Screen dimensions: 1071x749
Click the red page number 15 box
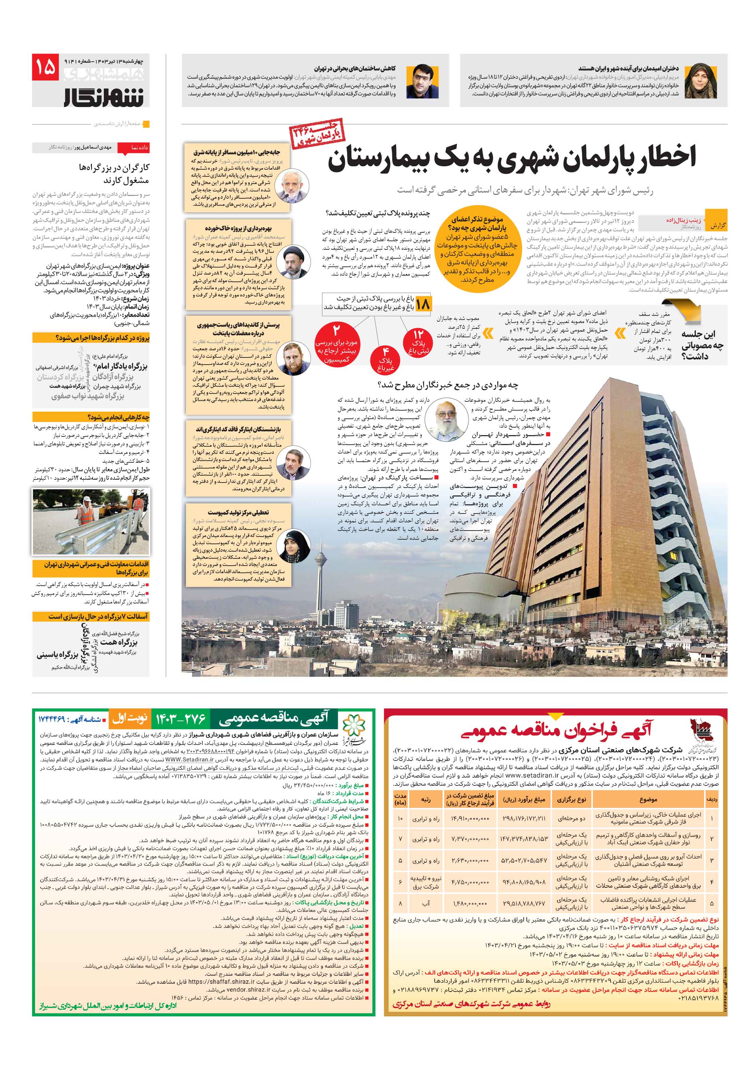click(45, 67)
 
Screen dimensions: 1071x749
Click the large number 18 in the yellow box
click(423, 304)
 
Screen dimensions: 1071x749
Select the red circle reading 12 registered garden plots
click(418, 342)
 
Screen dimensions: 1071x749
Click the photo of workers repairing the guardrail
click(91, 521)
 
